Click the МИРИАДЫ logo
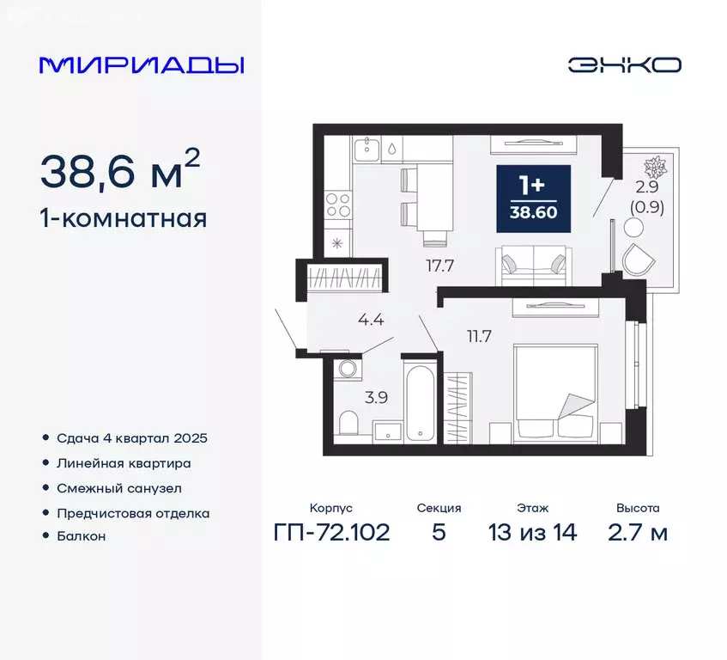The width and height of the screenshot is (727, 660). (x=142, y=65)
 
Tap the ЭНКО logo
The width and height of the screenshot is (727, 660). (x=624, y=65)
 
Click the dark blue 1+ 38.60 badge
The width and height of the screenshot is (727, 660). (x=534, y=197)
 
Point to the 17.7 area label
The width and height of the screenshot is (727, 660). (x=439, y=265)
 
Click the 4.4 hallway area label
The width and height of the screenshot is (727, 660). (x=371, y=321)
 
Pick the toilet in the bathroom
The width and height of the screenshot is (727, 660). (x=348, y=423)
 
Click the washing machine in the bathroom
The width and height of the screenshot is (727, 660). (x=348, y=370)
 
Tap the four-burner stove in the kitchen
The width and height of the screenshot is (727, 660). (x=338, y=206)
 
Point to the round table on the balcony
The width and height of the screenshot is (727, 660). (x=633, y=228)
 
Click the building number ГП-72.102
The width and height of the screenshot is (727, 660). (x=331, y=532)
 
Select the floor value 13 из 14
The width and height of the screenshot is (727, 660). (x=532, y=532)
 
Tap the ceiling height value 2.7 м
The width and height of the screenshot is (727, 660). (x=638, y=532)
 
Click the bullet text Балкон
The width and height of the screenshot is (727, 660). (x=82, y=535)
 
